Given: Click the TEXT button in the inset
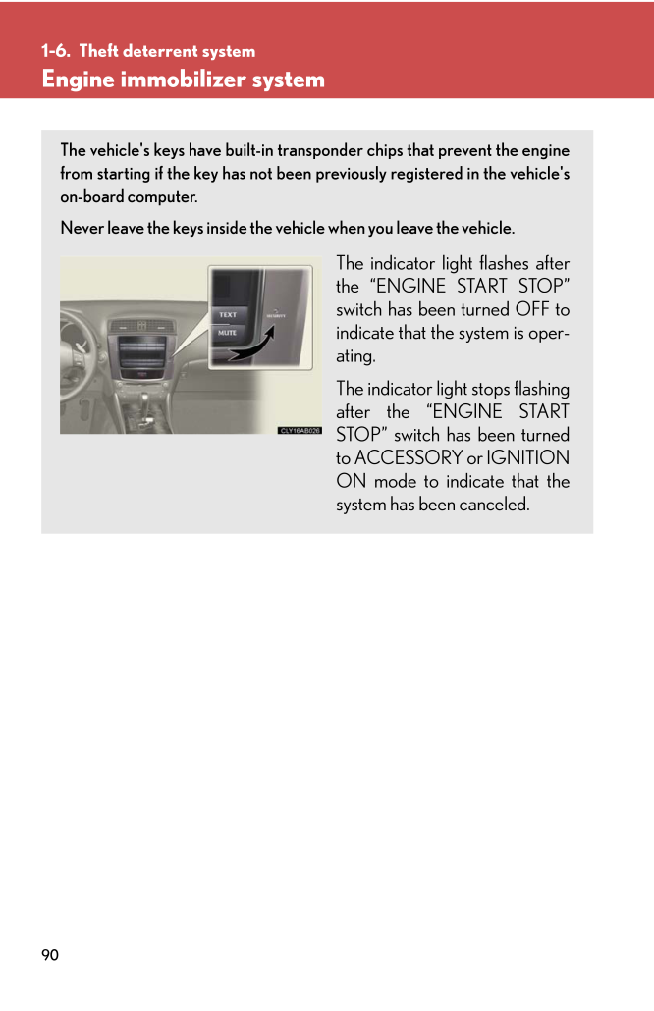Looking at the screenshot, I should point(228,314).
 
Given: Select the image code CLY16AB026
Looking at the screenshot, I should point(300,430).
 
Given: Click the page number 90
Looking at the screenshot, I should point(50,955).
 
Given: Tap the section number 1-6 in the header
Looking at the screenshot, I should point(55,51).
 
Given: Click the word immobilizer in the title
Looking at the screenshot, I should point(184,80).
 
